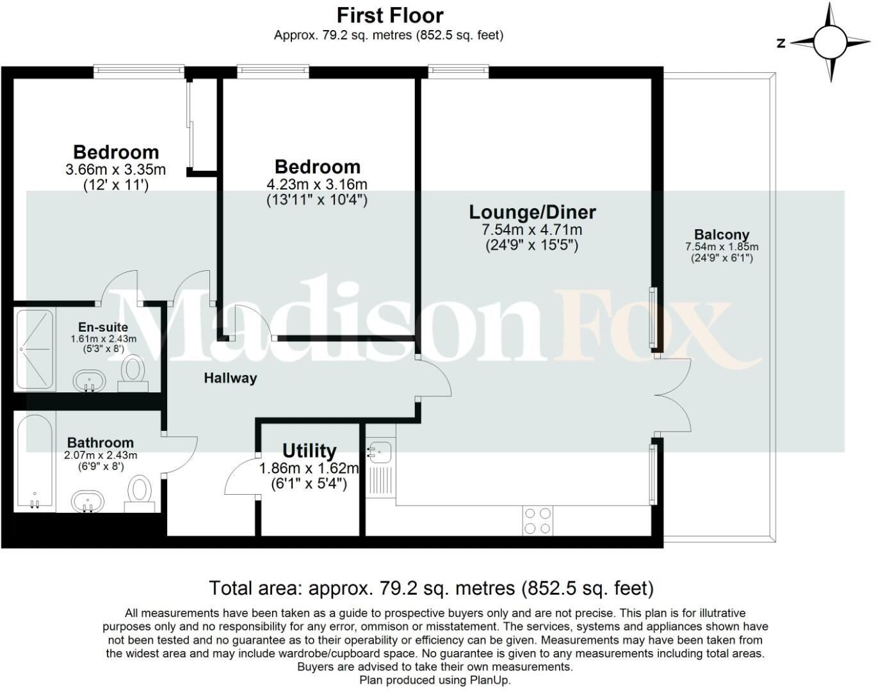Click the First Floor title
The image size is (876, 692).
tap(389, 15)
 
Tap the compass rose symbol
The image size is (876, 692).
tap(829, 42)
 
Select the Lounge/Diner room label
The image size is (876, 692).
tap(532, 212)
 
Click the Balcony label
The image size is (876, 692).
tap(721, 234)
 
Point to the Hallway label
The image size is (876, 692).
tap(230, 378)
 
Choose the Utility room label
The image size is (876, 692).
tap(309, 451)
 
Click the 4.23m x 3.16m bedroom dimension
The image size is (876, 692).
tap(317, 184)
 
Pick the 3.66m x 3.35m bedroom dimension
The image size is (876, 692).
tap(115, 170)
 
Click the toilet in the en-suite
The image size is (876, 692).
tap(133, 373)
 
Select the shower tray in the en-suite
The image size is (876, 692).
tap(35, 350)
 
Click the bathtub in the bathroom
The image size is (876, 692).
tap(35, 462)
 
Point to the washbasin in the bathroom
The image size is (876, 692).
tap(89, 501)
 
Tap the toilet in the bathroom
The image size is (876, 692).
tap(139, 495)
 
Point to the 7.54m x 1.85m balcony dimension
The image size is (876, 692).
tap(721, 247)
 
